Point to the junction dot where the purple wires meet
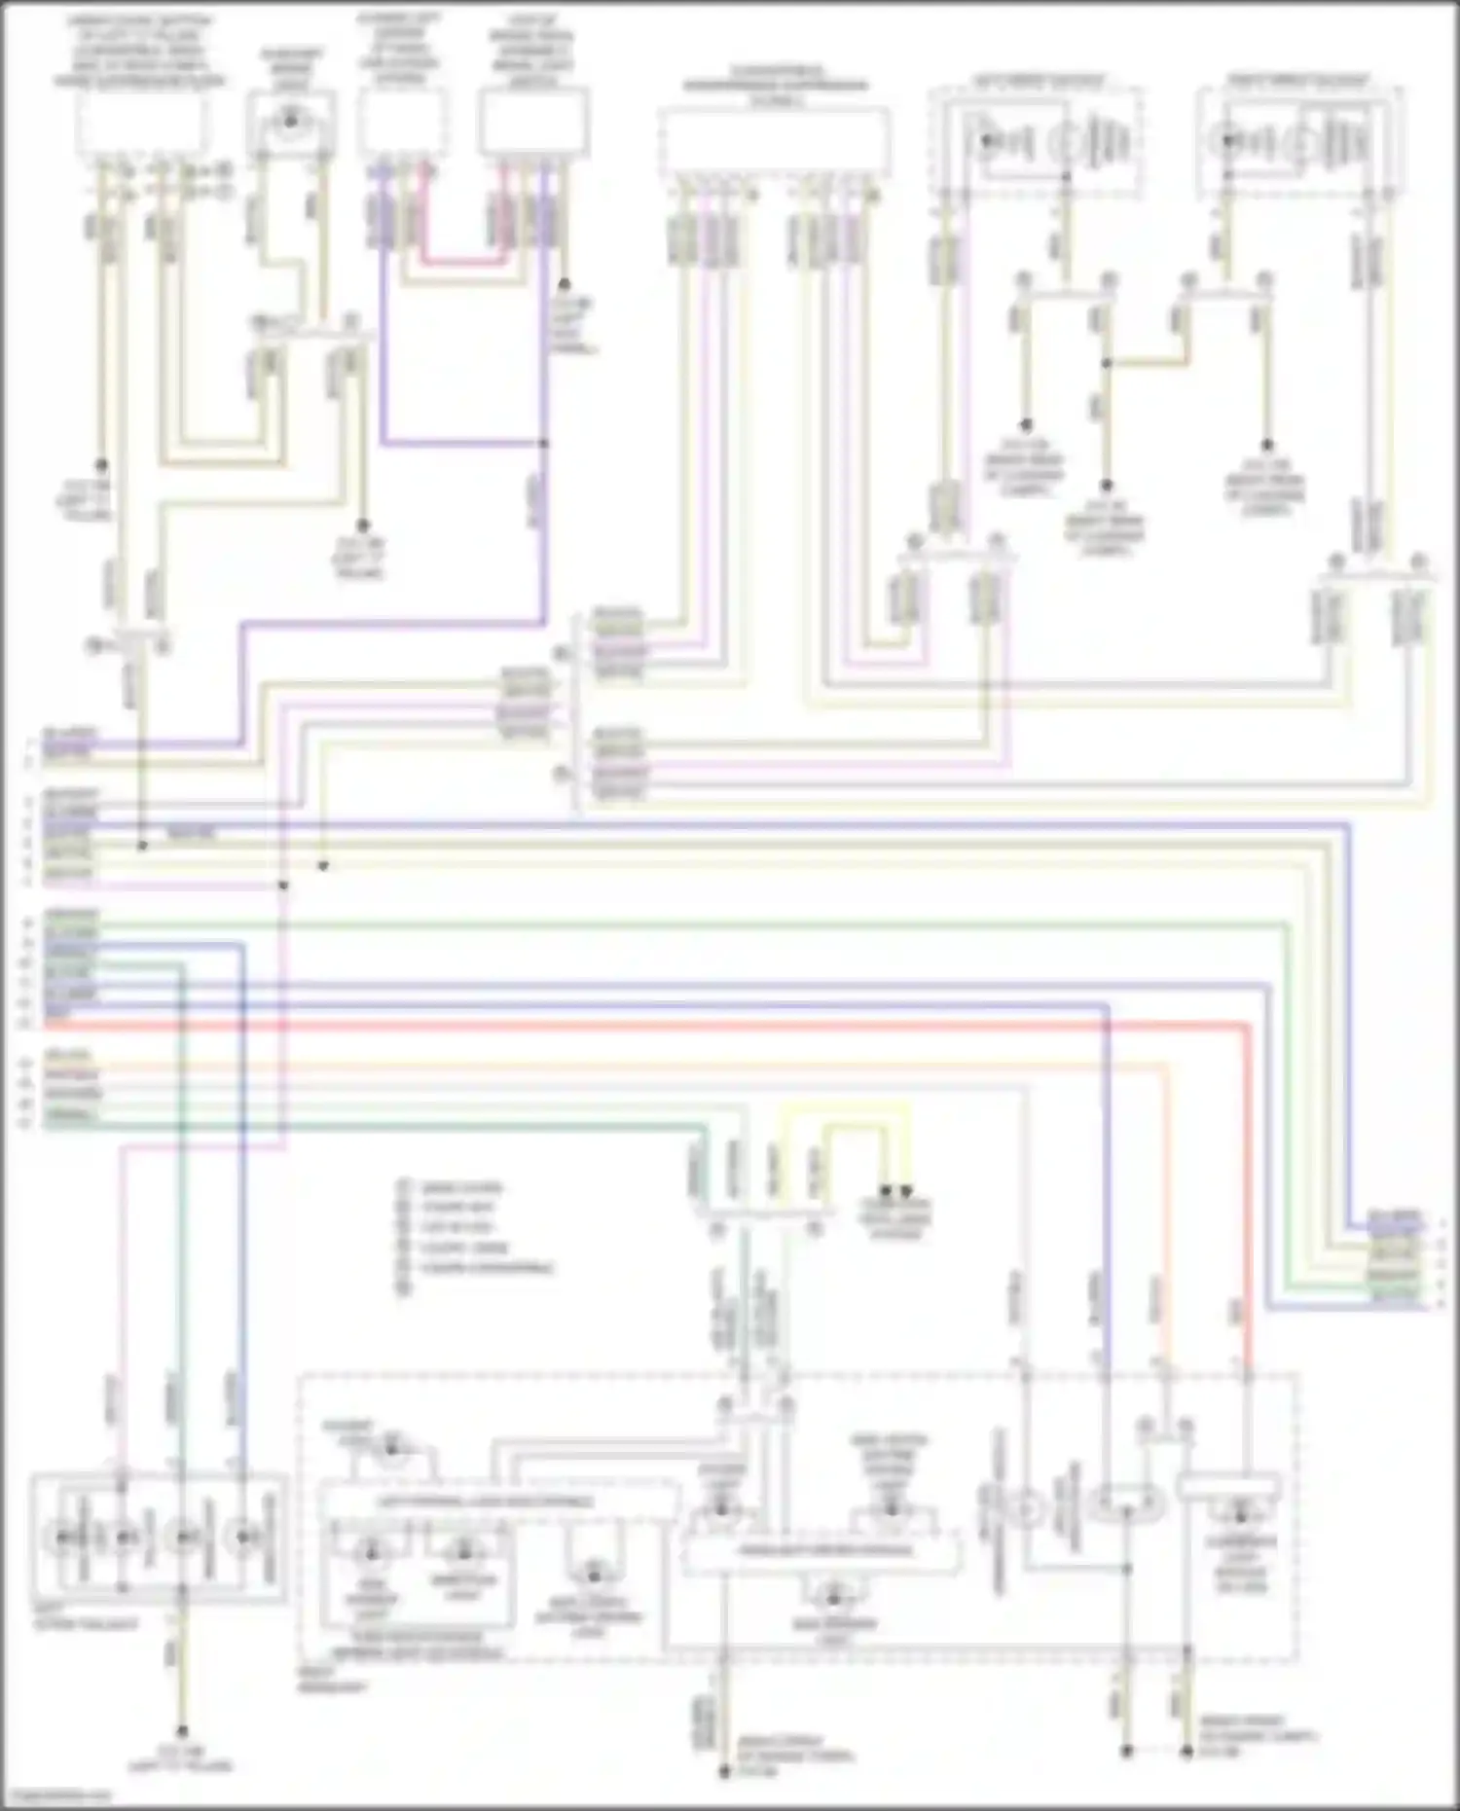(x=544, y=444)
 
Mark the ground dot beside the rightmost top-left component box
(x=564, y=284)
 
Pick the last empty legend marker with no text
(x=404, y=1287)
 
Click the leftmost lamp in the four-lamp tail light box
(x=62, y=1537)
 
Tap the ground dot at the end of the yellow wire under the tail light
(x=181, y=1732)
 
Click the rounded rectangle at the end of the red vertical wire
(x=1227, y=1486)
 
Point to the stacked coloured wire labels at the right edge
(x=1395, y=1256)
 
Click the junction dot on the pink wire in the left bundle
(x=283, y=885)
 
